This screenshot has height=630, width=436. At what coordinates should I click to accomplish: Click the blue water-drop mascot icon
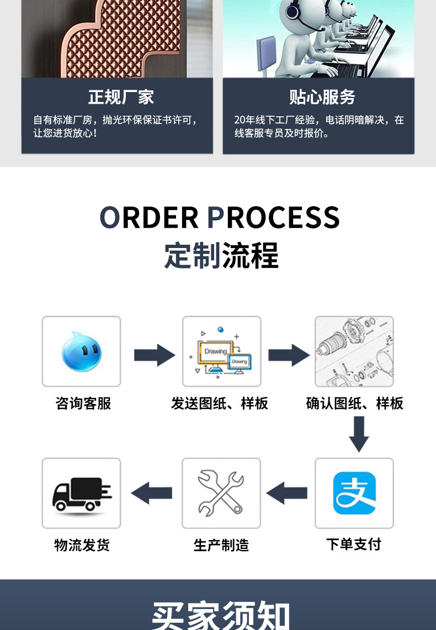(81, 351)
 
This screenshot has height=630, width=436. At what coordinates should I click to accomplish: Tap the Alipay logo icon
(354, 493)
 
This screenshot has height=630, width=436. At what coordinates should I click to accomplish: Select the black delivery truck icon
(81, 493)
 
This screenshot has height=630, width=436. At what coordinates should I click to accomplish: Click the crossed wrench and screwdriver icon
(221, 492)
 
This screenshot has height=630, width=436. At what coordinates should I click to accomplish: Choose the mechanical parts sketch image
(354, 351)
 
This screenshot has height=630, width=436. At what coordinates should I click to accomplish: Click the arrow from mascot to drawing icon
(154, 355)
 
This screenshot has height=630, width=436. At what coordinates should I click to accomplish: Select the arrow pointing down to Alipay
(358, 434)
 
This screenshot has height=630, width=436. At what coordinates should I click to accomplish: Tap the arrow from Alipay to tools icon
(287, 492)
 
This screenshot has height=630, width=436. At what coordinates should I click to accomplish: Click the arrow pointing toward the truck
(152, 492)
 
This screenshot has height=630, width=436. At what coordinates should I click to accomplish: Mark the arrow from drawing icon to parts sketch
(289, 355)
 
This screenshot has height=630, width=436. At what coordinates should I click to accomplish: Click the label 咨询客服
(83, 403)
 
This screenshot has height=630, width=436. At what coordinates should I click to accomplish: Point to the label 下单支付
(354, 545)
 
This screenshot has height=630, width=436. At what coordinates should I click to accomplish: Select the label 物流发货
(82, 545)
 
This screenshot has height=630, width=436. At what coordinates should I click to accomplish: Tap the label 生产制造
(221, 545)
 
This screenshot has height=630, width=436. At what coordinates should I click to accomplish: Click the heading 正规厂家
(121, 98)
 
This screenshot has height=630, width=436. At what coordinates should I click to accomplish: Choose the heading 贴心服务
(322, 98)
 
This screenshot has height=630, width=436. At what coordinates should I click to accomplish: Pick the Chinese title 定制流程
(221, 255)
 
